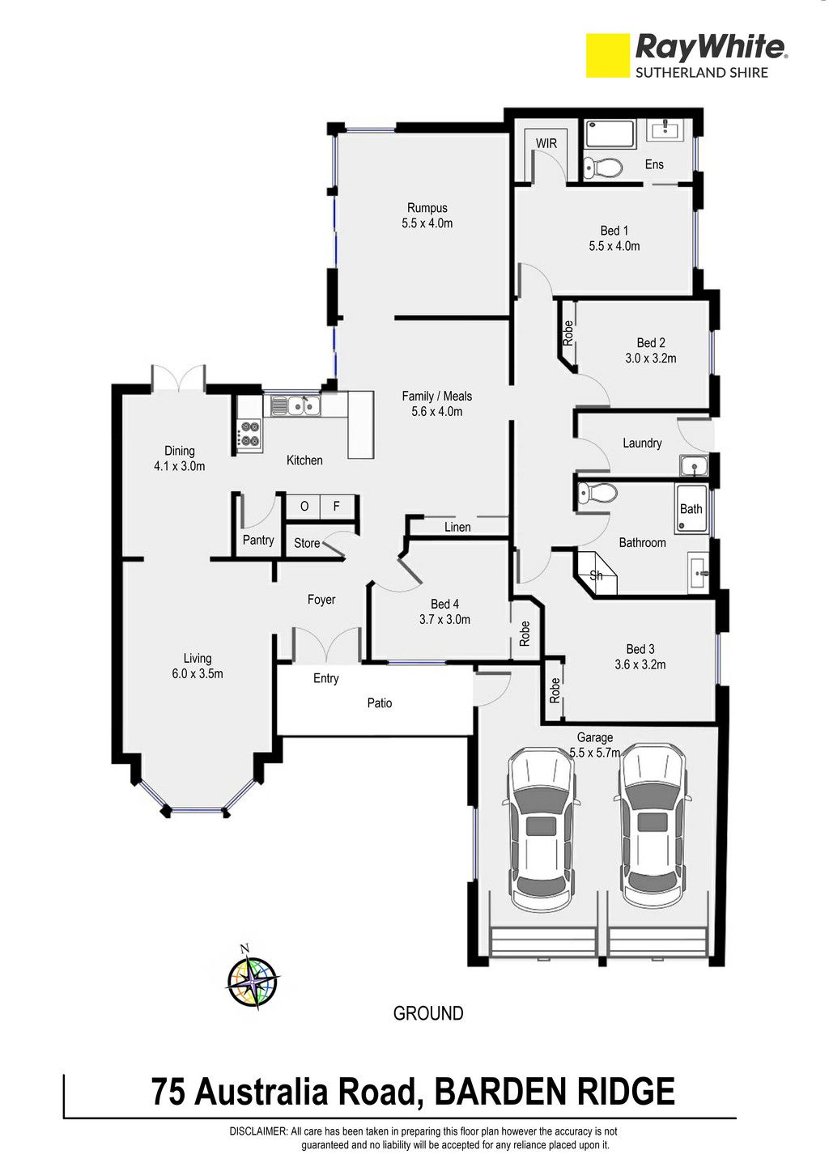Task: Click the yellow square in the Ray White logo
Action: (x=607, y=56)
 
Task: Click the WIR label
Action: (x=546, y=142)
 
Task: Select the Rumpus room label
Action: (x=427, y=208)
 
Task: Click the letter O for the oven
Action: (x=304, y=506)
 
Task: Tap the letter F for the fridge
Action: (x=337, y=505)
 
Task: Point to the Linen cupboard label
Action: (x=457, y=527)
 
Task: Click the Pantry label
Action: (x=258, y=541)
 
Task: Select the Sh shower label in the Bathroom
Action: (x=596, y=575)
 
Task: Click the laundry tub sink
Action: (x=694, y=465)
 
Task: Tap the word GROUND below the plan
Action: (x=428, y=1013)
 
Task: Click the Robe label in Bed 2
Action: (x=568, y=333)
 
